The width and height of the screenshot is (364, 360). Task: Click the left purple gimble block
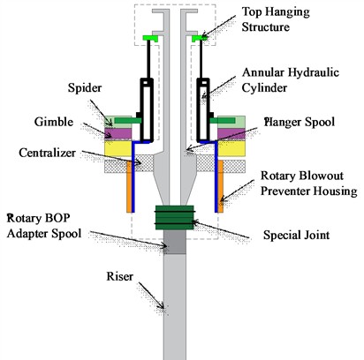point(118,133)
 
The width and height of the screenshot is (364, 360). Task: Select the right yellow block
point(235,148)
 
